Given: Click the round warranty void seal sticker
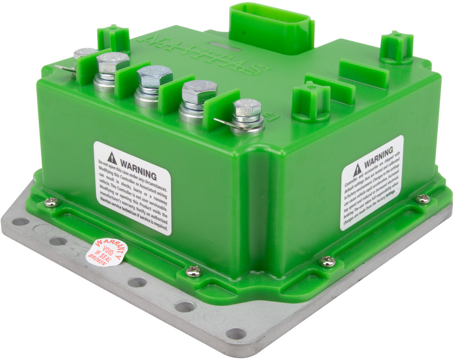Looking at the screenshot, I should tap(107, 252).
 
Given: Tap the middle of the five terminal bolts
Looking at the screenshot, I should tap(155, 76).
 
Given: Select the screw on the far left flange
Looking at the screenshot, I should tap(52, 202).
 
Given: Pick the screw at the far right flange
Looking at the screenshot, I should tap(423, 199).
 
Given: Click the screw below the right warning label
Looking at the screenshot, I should tap(327, 261).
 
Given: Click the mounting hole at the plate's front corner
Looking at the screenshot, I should tap(236, 333).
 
